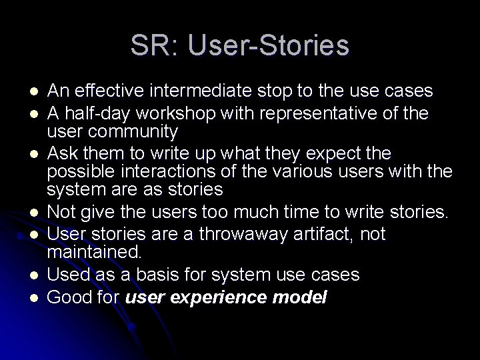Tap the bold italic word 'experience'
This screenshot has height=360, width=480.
coord(217,297)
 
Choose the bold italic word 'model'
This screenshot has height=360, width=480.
coord(300,297)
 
